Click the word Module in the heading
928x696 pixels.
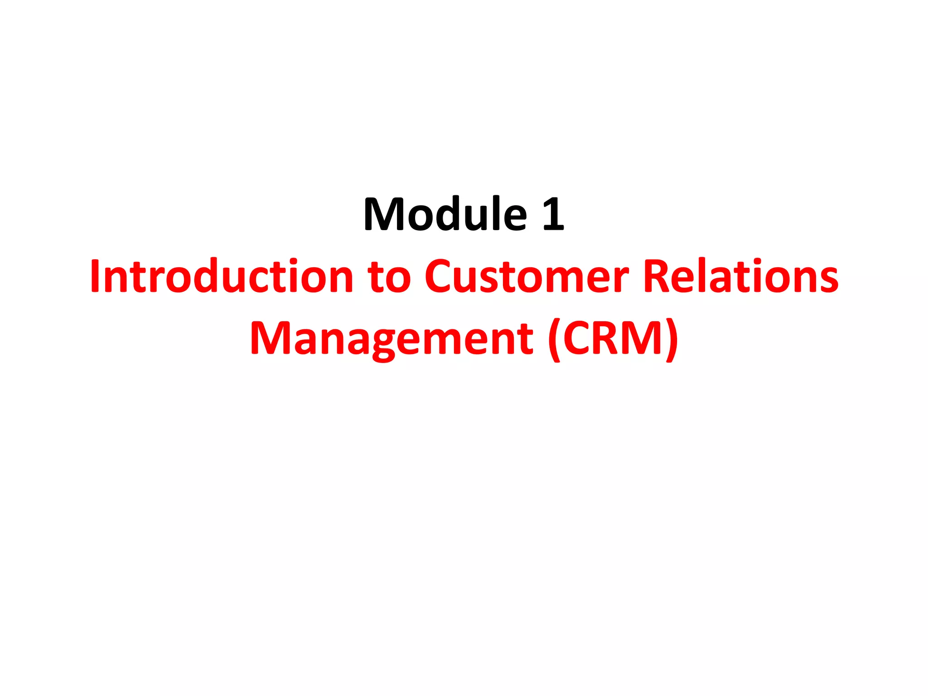[x=445, y=214]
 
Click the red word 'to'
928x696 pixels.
[x=389, y=276]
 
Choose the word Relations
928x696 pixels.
[x=740, y=276]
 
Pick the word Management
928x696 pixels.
[x=391, y=338]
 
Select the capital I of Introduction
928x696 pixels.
[x=95, y=276]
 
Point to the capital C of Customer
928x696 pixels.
[x=440, y=276]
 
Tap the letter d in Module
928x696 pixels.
[x=459, y=214]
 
